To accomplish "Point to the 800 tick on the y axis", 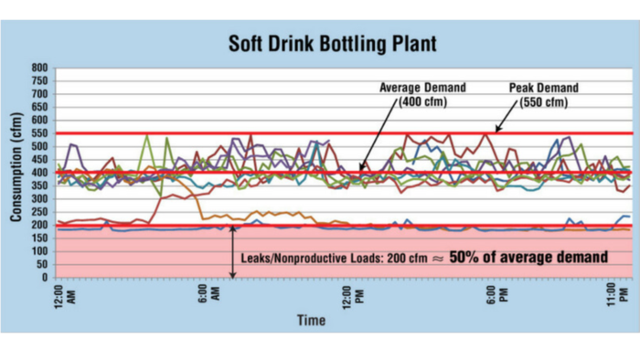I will coord(39,69).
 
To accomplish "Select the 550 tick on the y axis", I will coord(39,133).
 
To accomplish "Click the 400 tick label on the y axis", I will coord(39,173).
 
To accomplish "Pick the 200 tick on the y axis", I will coord(39,225).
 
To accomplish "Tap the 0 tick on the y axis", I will coord(46,277).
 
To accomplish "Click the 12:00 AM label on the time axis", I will coord(64,298).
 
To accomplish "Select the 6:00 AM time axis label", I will coord(208,298).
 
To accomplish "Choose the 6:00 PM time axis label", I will coord(495,298).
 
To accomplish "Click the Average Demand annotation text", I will coord(424,88).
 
